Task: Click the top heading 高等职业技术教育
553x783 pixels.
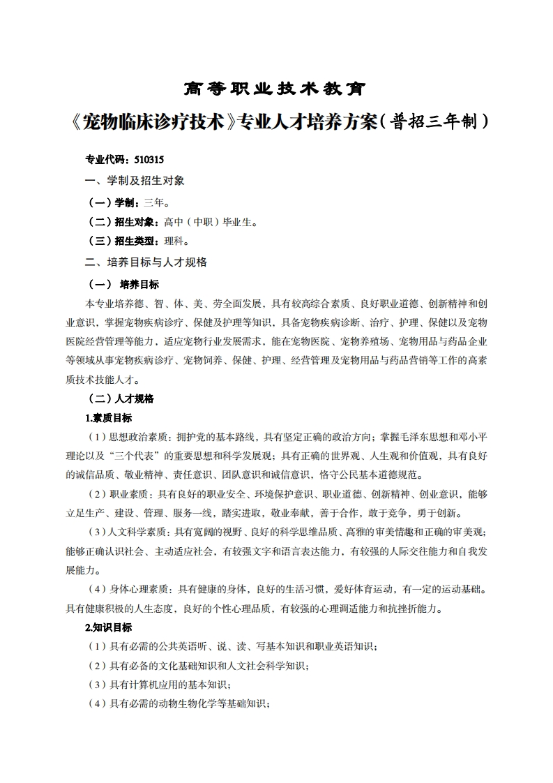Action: click(x=275, y=89)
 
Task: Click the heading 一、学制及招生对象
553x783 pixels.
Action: click(x=135, y=180)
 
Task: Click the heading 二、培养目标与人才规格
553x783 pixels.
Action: click(x=146, y=262)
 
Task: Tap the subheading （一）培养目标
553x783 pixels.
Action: click(x=123, y=284)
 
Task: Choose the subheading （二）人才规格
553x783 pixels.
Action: click(x=119, y=398)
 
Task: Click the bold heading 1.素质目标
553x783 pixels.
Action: click(x=108, y=418)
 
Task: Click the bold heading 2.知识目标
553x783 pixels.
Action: click(x=108, y=627)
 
